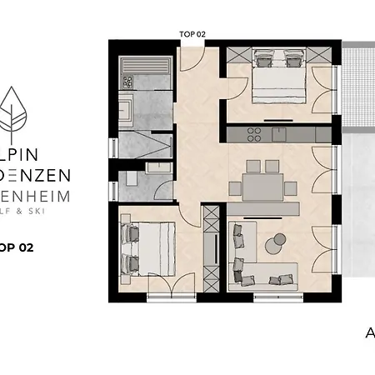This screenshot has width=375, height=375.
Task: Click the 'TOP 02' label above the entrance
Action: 192,34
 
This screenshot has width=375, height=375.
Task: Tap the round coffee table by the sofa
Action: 273,243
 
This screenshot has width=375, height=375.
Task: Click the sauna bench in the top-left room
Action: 146,66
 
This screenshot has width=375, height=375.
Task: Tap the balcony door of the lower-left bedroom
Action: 172,287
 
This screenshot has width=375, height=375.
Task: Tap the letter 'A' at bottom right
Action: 370,333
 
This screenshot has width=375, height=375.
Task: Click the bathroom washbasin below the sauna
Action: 127,109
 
